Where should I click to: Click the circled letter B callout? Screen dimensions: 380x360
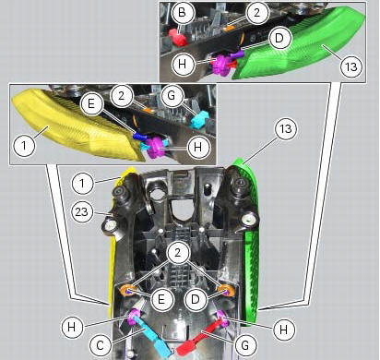[183, 13]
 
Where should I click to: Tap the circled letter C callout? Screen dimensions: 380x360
[101, 345]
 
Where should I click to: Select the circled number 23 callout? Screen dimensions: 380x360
[82, 211]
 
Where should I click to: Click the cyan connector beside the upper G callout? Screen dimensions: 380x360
[198, 120]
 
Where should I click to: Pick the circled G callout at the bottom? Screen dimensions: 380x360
[245, 345]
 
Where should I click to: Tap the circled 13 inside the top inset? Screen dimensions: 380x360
[351, 66]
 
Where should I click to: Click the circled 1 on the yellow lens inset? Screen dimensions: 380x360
[24, 145]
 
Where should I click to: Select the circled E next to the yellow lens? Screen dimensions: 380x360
[91, 104]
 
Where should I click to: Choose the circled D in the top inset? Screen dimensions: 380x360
[279, 39]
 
